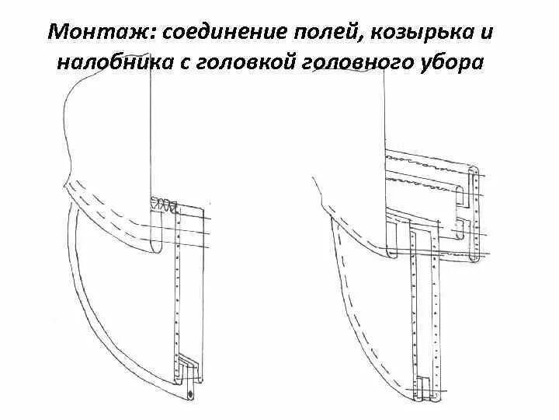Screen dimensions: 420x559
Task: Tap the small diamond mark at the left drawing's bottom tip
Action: (x=191, y=396)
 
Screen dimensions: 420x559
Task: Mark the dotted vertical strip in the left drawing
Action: (x=179, y=288)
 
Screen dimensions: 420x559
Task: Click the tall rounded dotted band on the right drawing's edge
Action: (x=475, y=214)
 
